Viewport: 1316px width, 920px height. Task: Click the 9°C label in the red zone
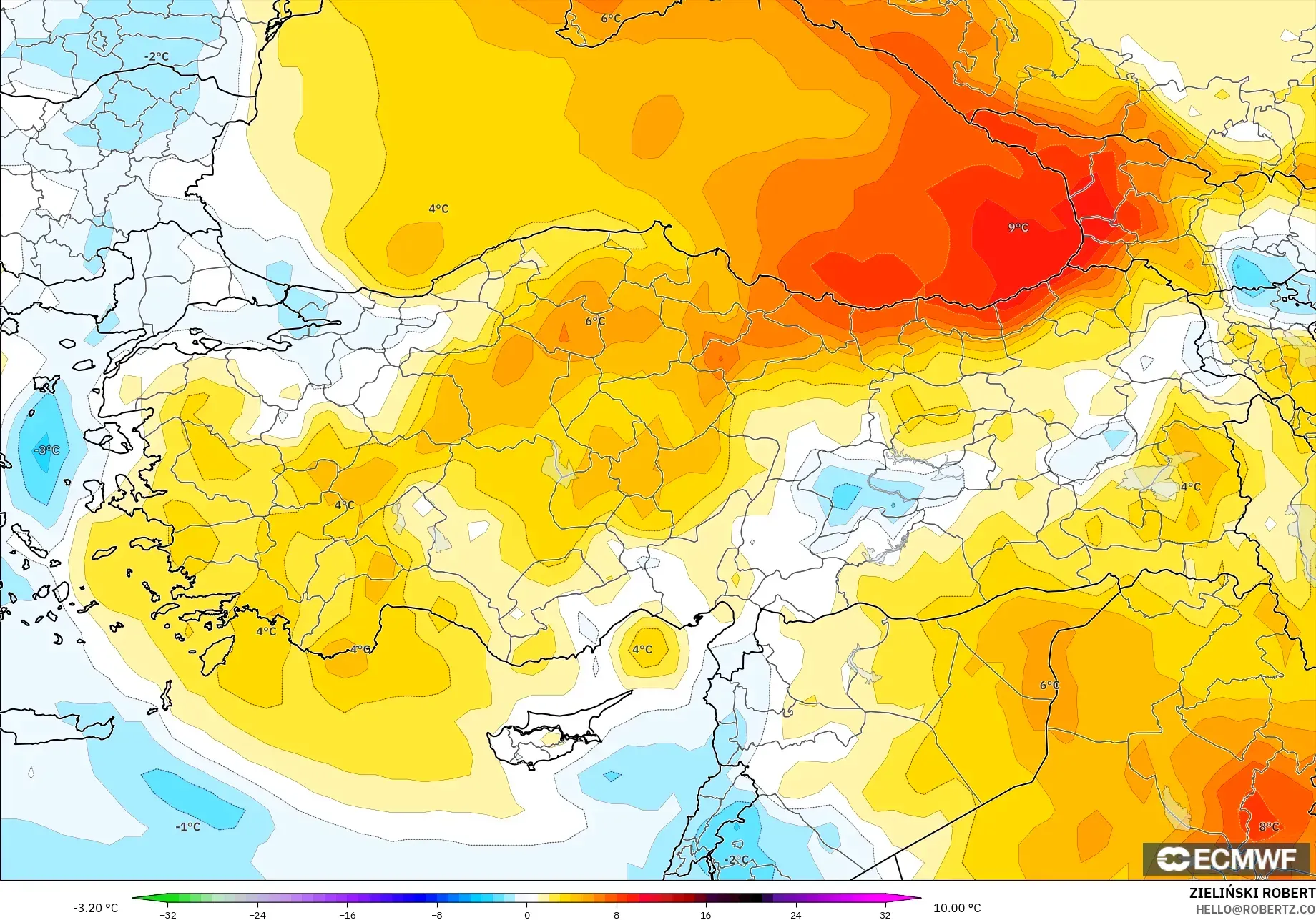(1018, 227)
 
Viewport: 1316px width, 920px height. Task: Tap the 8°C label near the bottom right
(1268, 826)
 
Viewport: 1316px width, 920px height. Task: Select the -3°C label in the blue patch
(46, 450)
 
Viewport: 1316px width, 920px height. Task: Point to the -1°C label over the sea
(187, 826)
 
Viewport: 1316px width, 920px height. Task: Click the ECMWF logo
(1226, 859)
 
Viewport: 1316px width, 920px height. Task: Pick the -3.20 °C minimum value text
(95, 908)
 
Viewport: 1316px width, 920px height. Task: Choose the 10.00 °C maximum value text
(957, 908)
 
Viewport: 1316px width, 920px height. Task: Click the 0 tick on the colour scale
(527, 914)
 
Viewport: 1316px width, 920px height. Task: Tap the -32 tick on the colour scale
(168, 914)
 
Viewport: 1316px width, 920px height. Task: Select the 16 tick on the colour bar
(706, 914)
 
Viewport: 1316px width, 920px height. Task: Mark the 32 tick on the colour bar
(885, 914)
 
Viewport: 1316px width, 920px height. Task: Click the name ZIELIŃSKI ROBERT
(1252, 893)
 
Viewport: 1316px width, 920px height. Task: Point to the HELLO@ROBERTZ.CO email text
(1255, 909)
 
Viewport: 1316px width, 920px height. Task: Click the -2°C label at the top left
(157, 56)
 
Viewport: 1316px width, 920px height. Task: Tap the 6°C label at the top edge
(611, 19)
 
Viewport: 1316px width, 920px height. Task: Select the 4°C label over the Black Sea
(438, 209)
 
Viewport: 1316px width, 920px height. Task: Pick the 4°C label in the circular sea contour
(642, 649)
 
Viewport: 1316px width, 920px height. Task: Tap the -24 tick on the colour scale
(257, 914)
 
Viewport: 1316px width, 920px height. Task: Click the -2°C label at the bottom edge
(737, 859)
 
